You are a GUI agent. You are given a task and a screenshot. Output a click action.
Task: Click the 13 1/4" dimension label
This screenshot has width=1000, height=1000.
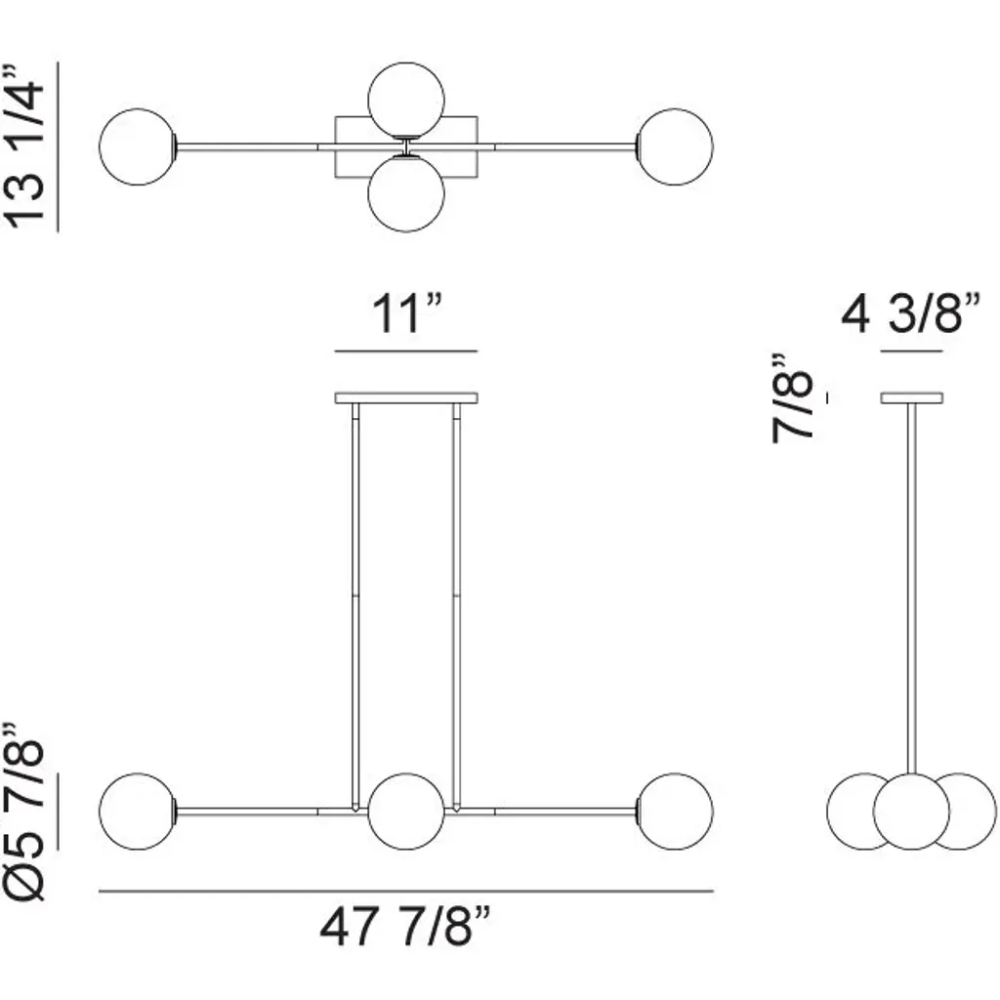tap(24, 146)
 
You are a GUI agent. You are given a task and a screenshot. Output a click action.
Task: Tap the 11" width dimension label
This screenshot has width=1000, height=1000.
tap(406, 313)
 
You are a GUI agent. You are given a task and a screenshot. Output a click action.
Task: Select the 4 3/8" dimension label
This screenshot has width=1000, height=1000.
tap(911, 313)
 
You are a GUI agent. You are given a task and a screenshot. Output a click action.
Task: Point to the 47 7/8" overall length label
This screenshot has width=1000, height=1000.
tap(405, 928)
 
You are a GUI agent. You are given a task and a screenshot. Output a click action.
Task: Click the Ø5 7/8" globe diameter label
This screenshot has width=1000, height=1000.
tap(24, 812)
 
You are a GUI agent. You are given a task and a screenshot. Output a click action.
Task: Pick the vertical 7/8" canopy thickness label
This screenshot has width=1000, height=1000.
tap(792, 398)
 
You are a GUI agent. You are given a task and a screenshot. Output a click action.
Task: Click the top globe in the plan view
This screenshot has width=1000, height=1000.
tap(406, 101)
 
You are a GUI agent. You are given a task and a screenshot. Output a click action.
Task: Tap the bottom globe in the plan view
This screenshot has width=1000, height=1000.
tap(406, 193)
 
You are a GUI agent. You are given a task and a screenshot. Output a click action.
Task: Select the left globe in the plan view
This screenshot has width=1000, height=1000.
tap(138, 146)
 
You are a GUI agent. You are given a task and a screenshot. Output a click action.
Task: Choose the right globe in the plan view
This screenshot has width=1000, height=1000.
tap(675, 146)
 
